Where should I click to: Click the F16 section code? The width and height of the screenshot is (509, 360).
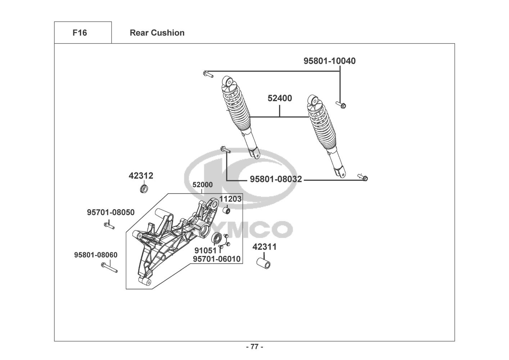point(79,33)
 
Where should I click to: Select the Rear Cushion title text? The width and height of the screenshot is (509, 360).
point(157,33)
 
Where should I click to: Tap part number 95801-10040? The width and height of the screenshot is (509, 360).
point(330,61)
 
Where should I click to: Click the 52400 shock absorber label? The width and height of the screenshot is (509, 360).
point(280,98)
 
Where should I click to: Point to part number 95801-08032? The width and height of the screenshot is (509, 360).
point(276,179)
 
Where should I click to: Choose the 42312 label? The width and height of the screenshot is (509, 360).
point(141,176)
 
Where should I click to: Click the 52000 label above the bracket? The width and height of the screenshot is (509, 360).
point(203,185)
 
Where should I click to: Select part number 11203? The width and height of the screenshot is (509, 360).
point(231,199)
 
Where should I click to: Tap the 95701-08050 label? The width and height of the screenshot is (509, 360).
point(111,212)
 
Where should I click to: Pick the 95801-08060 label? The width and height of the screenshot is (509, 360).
point(96,255)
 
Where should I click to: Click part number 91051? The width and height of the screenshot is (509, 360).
point(205,250)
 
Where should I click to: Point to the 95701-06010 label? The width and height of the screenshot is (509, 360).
point(217,259)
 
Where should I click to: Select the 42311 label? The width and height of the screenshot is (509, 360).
point(264,247)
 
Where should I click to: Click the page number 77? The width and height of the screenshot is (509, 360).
point(254,347)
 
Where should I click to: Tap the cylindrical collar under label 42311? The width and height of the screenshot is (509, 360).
point(264,262)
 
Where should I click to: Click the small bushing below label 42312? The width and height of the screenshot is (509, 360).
point(144,189)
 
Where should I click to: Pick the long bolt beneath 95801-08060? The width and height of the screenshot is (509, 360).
point(109,267)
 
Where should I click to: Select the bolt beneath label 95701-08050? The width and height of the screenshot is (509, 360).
point(109,226)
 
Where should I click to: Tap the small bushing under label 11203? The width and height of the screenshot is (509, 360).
point(227,210)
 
